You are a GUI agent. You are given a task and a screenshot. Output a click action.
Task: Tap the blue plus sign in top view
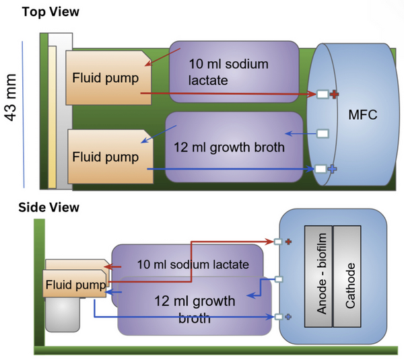[333, 169]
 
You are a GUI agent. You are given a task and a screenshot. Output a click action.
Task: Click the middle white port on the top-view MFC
[323, 133]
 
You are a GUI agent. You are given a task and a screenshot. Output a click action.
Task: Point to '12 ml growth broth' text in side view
[195, 309]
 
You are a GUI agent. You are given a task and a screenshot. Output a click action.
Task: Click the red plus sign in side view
[288, 241]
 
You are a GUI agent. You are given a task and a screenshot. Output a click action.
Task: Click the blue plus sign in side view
[288, 316]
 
